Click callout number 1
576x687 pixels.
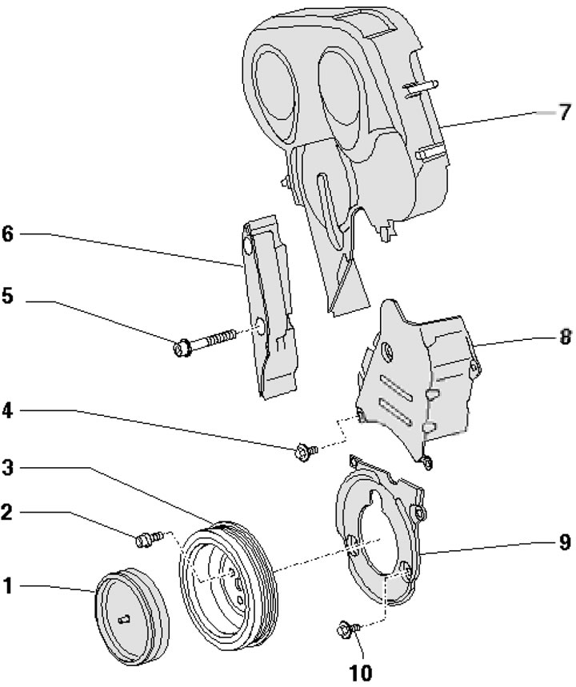pos(8,587)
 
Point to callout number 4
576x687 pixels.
pos(8,413)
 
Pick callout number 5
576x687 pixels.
pos(8,297)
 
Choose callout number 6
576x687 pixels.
pos(8,234)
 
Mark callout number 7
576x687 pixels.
pos(565,110)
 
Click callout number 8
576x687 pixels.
pos(565,338)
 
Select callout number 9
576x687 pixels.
pos(565,543)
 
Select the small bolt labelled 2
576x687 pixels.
pos(146,541)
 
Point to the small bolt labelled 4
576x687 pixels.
pos(304,453)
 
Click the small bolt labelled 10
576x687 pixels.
pos(345,632)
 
